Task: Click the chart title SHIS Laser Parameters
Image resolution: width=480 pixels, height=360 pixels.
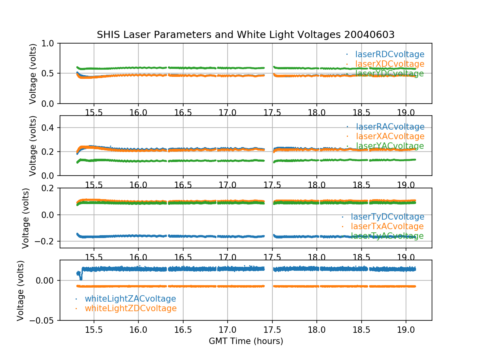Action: pyautogui.click(x=246, y=35)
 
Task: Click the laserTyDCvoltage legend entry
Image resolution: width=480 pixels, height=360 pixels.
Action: pyautogui.click(x=387, y=217)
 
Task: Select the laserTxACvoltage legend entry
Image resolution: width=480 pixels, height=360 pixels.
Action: pyautogui.click(x=387, y=226)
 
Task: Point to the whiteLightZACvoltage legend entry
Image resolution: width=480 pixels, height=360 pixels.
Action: pyautogui.click(x=130, y=299)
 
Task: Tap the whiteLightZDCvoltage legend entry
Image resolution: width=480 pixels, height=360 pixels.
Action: pyautogui.click(x=130, y=308)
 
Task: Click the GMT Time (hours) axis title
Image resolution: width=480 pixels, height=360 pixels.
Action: pyautogui.click(x=246, y=341)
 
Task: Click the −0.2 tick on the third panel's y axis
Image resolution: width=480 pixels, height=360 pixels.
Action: pyautogui.click(x=47, y=241)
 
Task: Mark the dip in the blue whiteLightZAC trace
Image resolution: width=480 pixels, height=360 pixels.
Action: pyautogui.click(x=81, y=278)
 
